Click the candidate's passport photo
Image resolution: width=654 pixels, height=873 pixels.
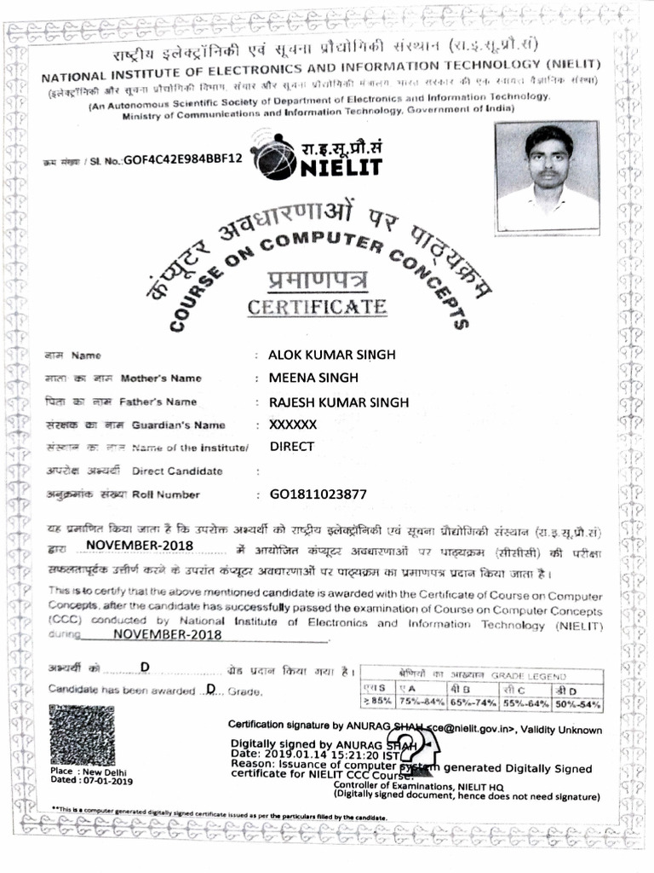[x=548, y=176]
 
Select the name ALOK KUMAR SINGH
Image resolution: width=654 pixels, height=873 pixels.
[x=331, y=355]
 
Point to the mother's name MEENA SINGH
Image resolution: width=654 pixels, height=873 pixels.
[x=313, y=378]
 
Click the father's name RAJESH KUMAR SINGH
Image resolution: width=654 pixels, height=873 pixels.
[x=338, y=402]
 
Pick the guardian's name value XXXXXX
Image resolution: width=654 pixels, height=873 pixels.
[x=293, y=424]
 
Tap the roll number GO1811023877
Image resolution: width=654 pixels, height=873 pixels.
[x=318, y=494]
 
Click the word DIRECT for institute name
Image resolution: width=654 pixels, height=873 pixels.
[x=292, y=446]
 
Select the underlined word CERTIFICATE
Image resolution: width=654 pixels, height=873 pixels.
[x=316, y=307]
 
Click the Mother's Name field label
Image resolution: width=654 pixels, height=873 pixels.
[x=161, y=378]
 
